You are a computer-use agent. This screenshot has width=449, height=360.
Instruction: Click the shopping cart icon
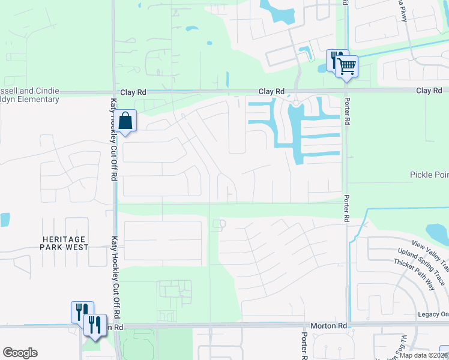click(x=347, y=65)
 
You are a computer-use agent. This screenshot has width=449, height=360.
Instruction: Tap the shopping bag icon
click(x=125, y=121)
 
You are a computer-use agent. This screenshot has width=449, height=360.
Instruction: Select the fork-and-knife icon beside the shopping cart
click(x=336, y=59)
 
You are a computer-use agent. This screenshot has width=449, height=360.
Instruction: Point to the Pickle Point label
click(x=429, y=175)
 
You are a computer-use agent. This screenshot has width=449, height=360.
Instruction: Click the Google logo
click(x=20, y=353)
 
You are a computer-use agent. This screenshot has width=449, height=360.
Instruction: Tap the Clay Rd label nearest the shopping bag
click(x=133, y=92)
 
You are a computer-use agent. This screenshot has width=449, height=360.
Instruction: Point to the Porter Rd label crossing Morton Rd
click(x=304, y=346)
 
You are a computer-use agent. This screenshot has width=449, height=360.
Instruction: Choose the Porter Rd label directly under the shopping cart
click(x=346, y=112)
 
